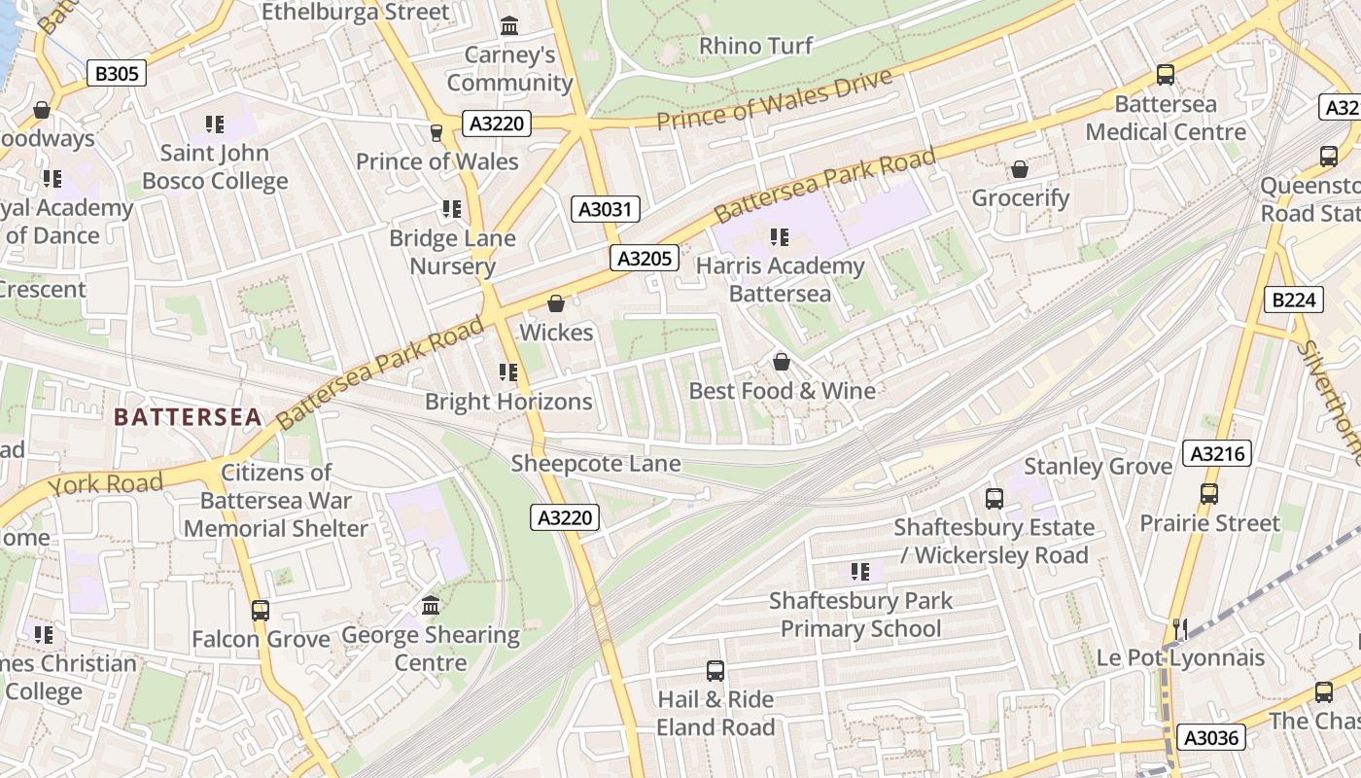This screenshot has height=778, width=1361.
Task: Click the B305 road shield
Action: pos(117,73)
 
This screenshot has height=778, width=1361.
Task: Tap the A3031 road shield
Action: pos(605,208)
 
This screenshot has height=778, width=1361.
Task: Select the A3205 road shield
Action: pos(645,258)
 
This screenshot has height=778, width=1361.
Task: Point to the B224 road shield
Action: pos(1293,300)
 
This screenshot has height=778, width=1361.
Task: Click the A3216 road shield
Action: pos(1216,453)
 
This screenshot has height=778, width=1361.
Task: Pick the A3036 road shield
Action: pos(1211,737)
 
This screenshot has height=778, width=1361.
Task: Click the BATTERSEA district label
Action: pos(188,417)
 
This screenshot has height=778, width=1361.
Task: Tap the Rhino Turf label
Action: pos(756,46)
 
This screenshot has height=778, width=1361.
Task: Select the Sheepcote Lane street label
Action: pos(596,464)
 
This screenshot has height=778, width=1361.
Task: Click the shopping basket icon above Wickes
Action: pos(556,303)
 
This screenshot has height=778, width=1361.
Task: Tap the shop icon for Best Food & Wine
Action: pos(781,362)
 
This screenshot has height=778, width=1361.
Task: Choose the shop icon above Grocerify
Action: pos(1020,170)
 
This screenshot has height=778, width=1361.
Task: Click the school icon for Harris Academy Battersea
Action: pos(779,236)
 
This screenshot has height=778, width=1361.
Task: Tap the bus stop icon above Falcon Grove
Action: pos(260,610)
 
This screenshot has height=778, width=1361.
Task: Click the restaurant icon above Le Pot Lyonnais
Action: pos(1180,629)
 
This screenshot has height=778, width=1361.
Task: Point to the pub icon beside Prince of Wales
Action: pos(436,132)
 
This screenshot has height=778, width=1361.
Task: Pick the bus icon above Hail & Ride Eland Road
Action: pos(715,670)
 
